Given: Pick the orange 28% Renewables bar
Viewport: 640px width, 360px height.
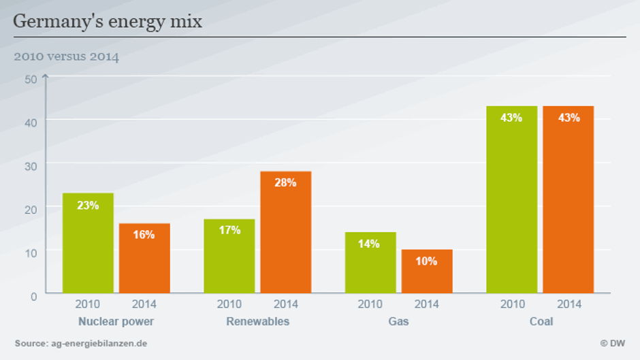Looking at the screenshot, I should [286, 232].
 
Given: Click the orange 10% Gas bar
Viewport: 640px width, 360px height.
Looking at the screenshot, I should [427, 272].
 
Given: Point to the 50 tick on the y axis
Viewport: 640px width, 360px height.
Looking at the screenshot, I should [31, 79].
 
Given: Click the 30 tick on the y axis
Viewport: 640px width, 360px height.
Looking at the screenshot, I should [31, 165].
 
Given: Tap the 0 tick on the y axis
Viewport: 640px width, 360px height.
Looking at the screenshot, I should [34, 296].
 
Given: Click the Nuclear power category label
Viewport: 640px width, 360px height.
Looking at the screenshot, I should [116, 321].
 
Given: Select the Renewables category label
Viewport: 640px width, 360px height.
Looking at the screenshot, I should [257, 321].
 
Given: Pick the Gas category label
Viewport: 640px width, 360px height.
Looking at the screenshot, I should [398, 321].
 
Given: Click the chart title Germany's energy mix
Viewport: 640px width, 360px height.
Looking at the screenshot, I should [108, 21].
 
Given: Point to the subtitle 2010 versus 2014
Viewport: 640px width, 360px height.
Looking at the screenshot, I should [66, 56].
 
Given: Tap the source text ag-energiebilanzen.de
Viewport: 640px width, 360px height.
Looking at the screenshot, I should [81, 344].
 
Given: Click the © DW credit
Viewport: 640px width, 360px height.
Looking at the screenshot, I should [612, 344].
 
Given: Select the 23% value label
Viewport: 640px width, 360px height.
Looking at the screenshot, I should [88, 205].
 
